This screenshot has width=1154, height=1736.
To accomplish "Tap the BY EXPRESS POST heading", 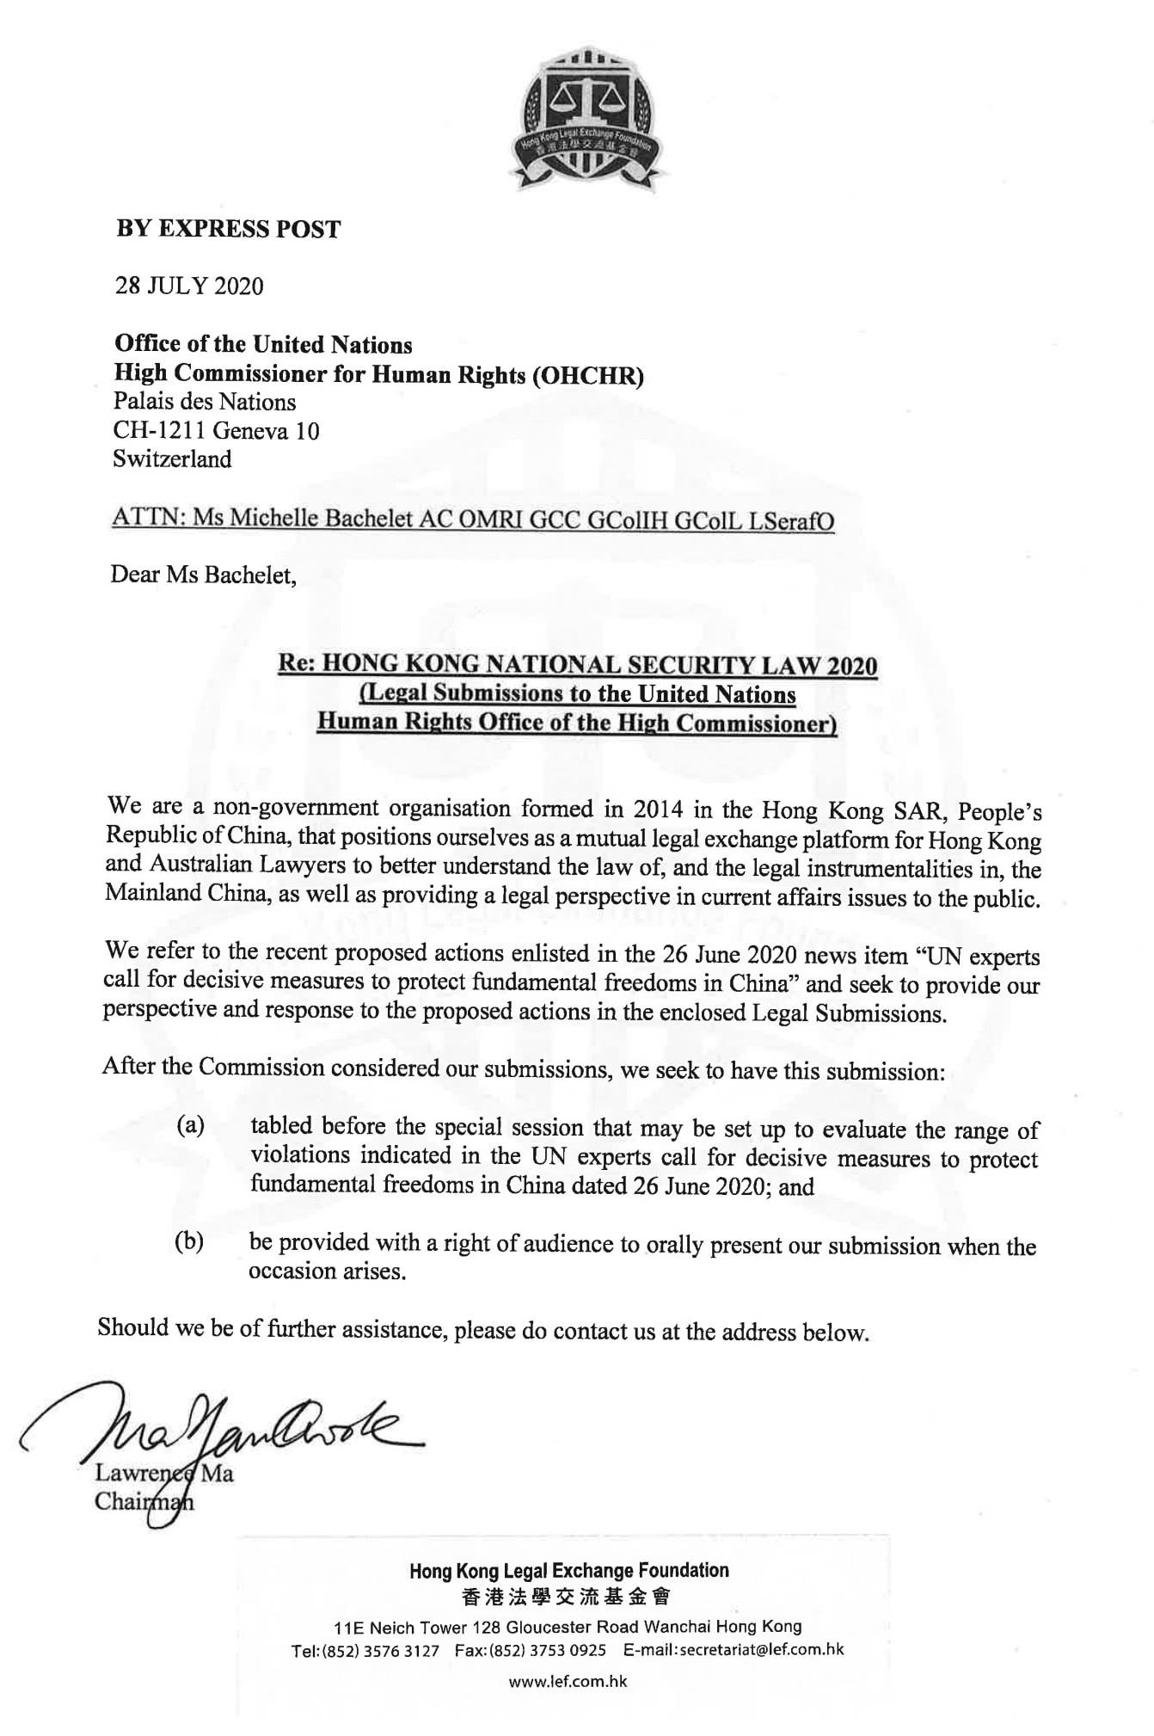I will [229, 230].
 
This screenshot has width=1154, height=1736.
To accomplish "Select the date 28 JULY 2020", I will [189, 286].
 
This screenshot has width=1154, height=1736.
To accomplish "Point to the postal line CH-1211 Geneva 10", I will [216, 430].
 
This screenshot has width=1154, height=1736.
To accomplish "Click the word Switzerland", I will [172, 459].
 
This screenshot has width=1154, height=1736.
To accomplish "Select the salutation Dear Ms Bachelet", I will [204, 575].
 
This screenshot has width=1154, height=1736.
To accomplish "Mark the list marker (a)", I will [190, 1125].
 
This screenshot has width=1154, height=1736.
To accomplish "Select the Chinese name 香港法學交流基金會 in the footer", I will [568, 1597].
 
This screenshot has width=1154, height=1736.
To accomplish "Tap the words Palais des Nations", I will [205, 402].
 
